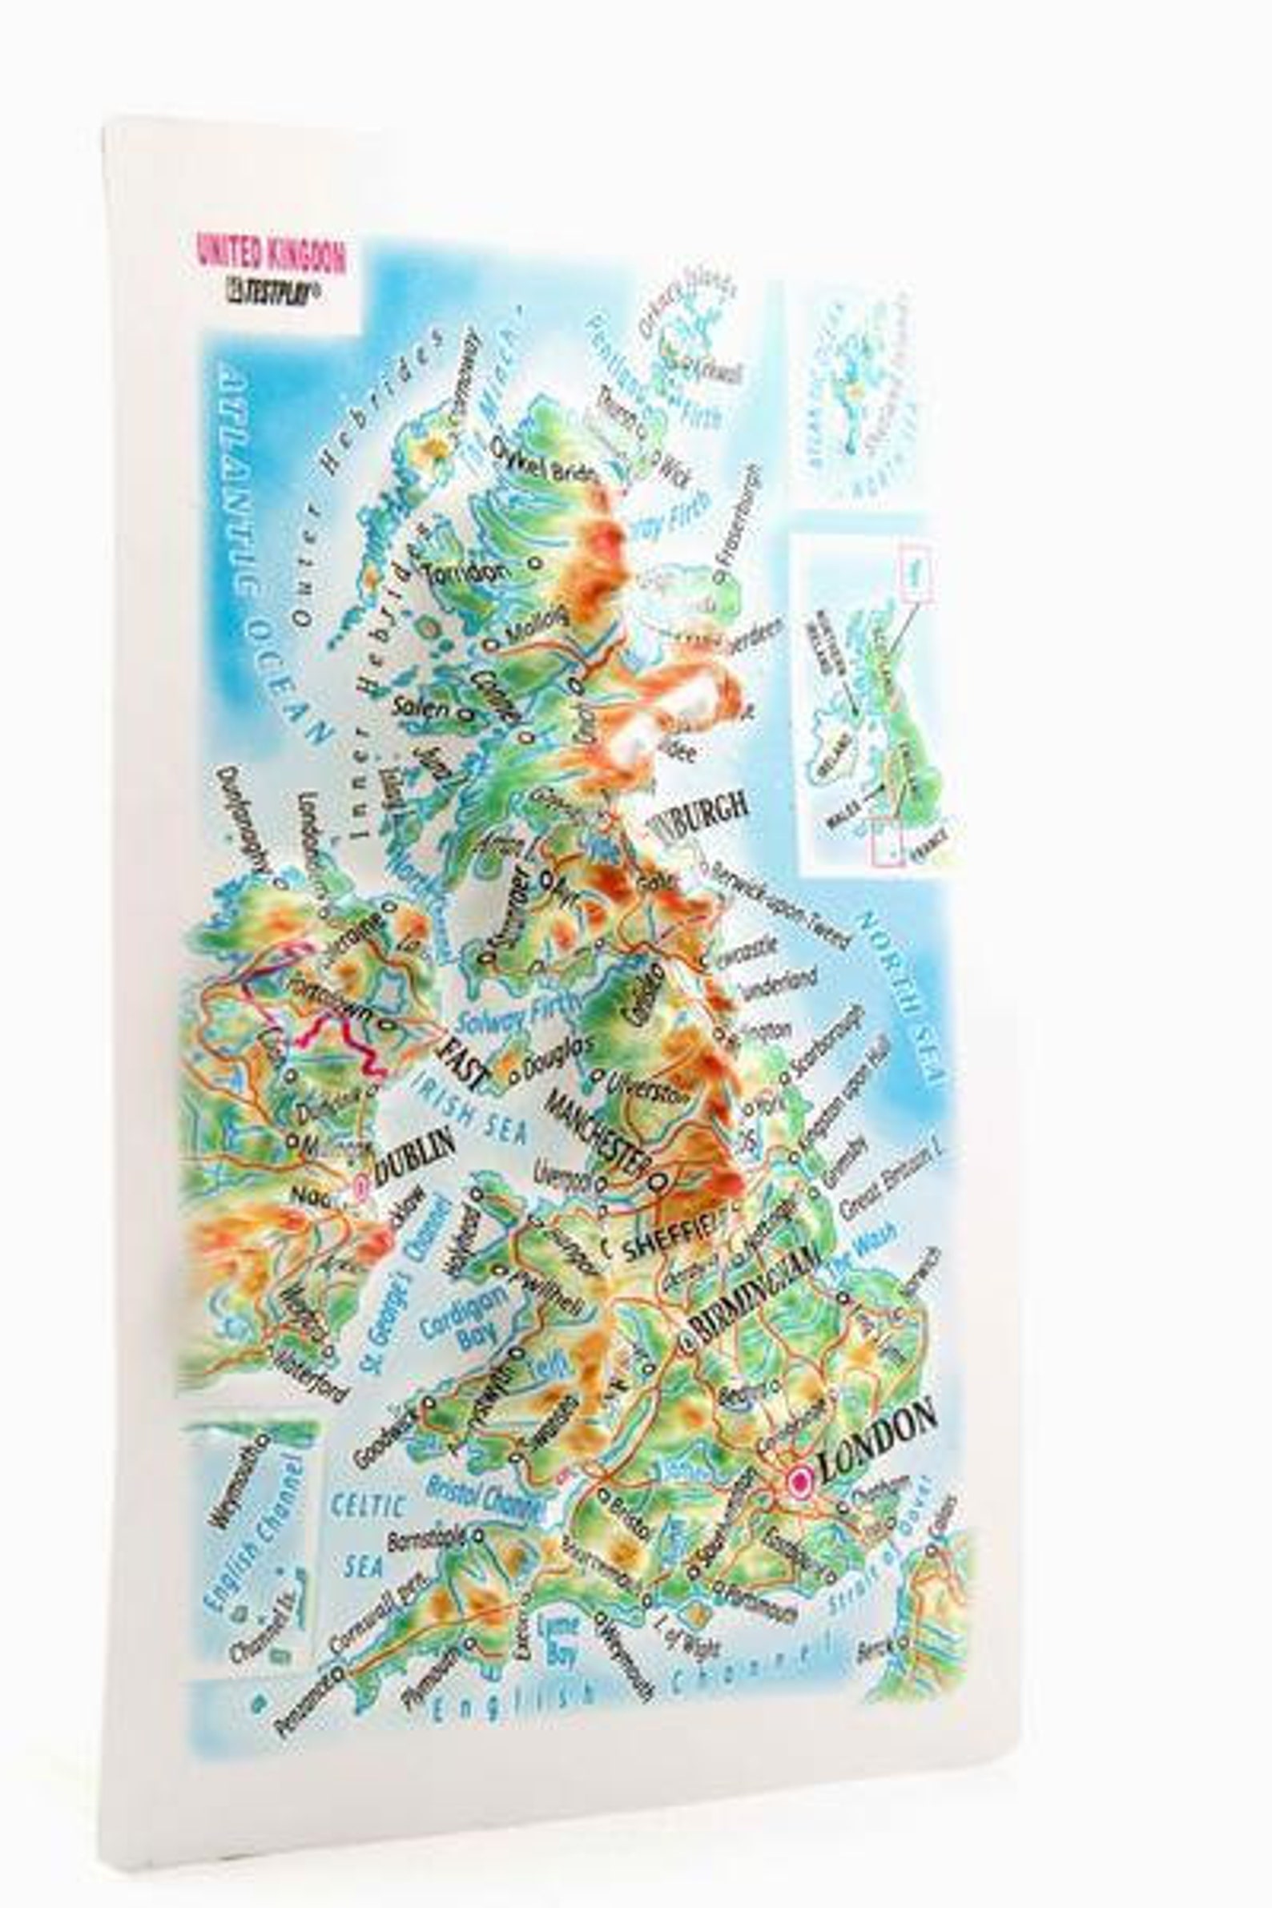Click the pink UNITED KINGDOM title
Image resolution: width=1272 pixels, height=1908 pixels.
coord(271,254)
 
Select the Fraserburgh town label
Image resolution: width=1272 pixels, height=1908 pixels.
coord(739,517)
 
